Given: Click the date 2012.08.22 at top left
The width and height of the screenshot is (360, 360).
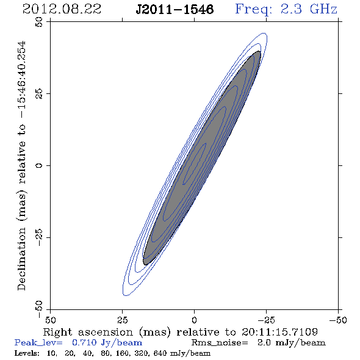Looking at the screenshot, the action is pyautogui.click(x=62, y=9).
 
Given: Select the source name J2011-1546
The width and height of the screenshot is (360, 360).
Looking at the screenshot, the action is pyautogui.click(x=175, y=10).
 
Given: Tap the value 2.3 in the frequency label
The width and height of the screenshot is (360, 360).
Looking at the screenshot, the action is pyautogui.click(x=291, y=9).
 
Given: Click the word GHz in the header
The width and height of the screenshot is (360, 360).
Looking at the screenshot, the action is pyautogui.click(x=323, y=9).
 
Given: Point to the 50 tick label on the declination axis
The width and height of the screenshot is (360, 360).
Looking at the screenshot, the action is pyautogui.click(x=39, y=22).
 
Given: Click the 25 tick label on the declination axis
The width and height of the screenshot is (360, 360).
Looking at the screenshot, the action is pyautogui.click(x=39, y=94).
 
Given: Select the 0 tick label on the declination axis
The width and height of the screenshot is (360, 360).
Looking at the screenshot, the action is pyautogui.click(x=39, y=165).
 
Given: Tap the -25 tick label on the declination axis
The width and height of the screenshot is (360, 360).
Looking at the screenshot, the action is pyautogui.click(x=39, y=237).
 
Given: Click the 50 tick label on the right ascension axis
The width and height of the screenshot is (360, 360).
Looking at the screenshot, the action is pyautogui.click(x=50, y=320).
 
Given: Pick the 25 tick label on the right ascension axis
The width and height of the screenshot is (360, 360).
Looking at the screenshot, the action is pyautogui.click(x=122, y=320).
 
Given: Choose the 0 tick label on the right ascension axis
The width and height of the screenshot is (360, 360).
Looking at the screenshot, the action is pyautogui.click(x=194, y=320).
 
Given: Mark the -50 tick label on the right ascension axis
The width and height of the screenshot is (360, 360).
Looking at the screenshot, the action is pyautogui.click(x=338, y=320).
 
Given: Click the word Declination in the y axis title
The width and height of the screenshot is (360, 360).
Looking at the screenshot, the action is pyautogui.click(x=21, y=259).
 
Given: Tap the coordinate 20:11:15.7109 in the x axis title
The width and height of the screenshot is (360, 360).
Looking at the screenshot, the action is pyautogui.click(x=279, y=332).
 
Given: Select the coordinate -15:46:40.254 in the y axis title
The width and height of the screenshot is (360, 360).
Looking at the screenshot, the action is pyautogui.click(x=21, y=80).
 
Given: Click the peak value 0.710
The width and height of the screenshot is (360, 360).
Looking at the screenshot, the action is pyautogui.click(x=84, y=342).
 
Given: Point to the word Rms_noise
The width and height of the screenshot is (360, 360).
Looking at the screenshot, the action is pyautogui.click(x=220, y=343).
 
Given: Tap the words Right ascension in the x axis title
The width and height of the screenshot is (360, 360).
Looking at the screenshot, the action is pyautogui.click(x=88, y=332).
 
